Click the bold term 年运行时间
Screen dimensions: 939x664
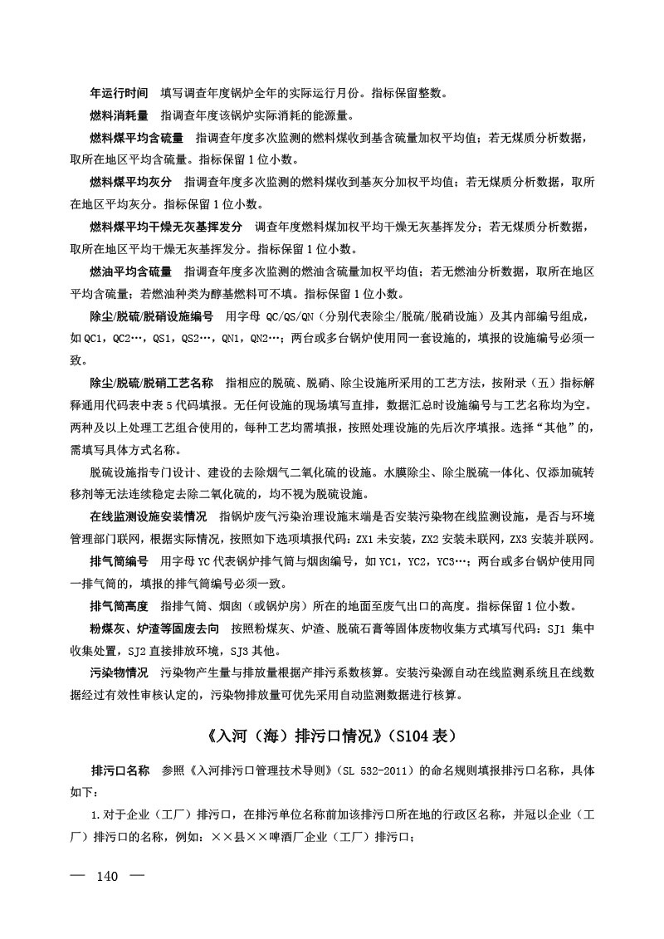point(119,92)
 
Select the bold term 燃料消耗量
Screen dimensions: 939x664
point(119,115)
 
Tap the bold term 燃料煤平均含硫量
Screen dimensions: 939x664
point(136,137)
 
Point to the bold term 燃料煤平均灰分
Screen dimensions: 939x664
point(130,182)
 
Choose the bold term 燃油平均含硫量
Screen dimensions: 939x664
point(130,271)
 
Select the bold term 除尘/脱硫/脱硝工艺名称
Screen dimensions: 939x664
point(146,384)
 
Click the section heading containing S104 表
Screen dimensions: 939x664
point(331,736)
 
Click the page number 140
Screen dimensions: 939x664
point(109,877)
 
